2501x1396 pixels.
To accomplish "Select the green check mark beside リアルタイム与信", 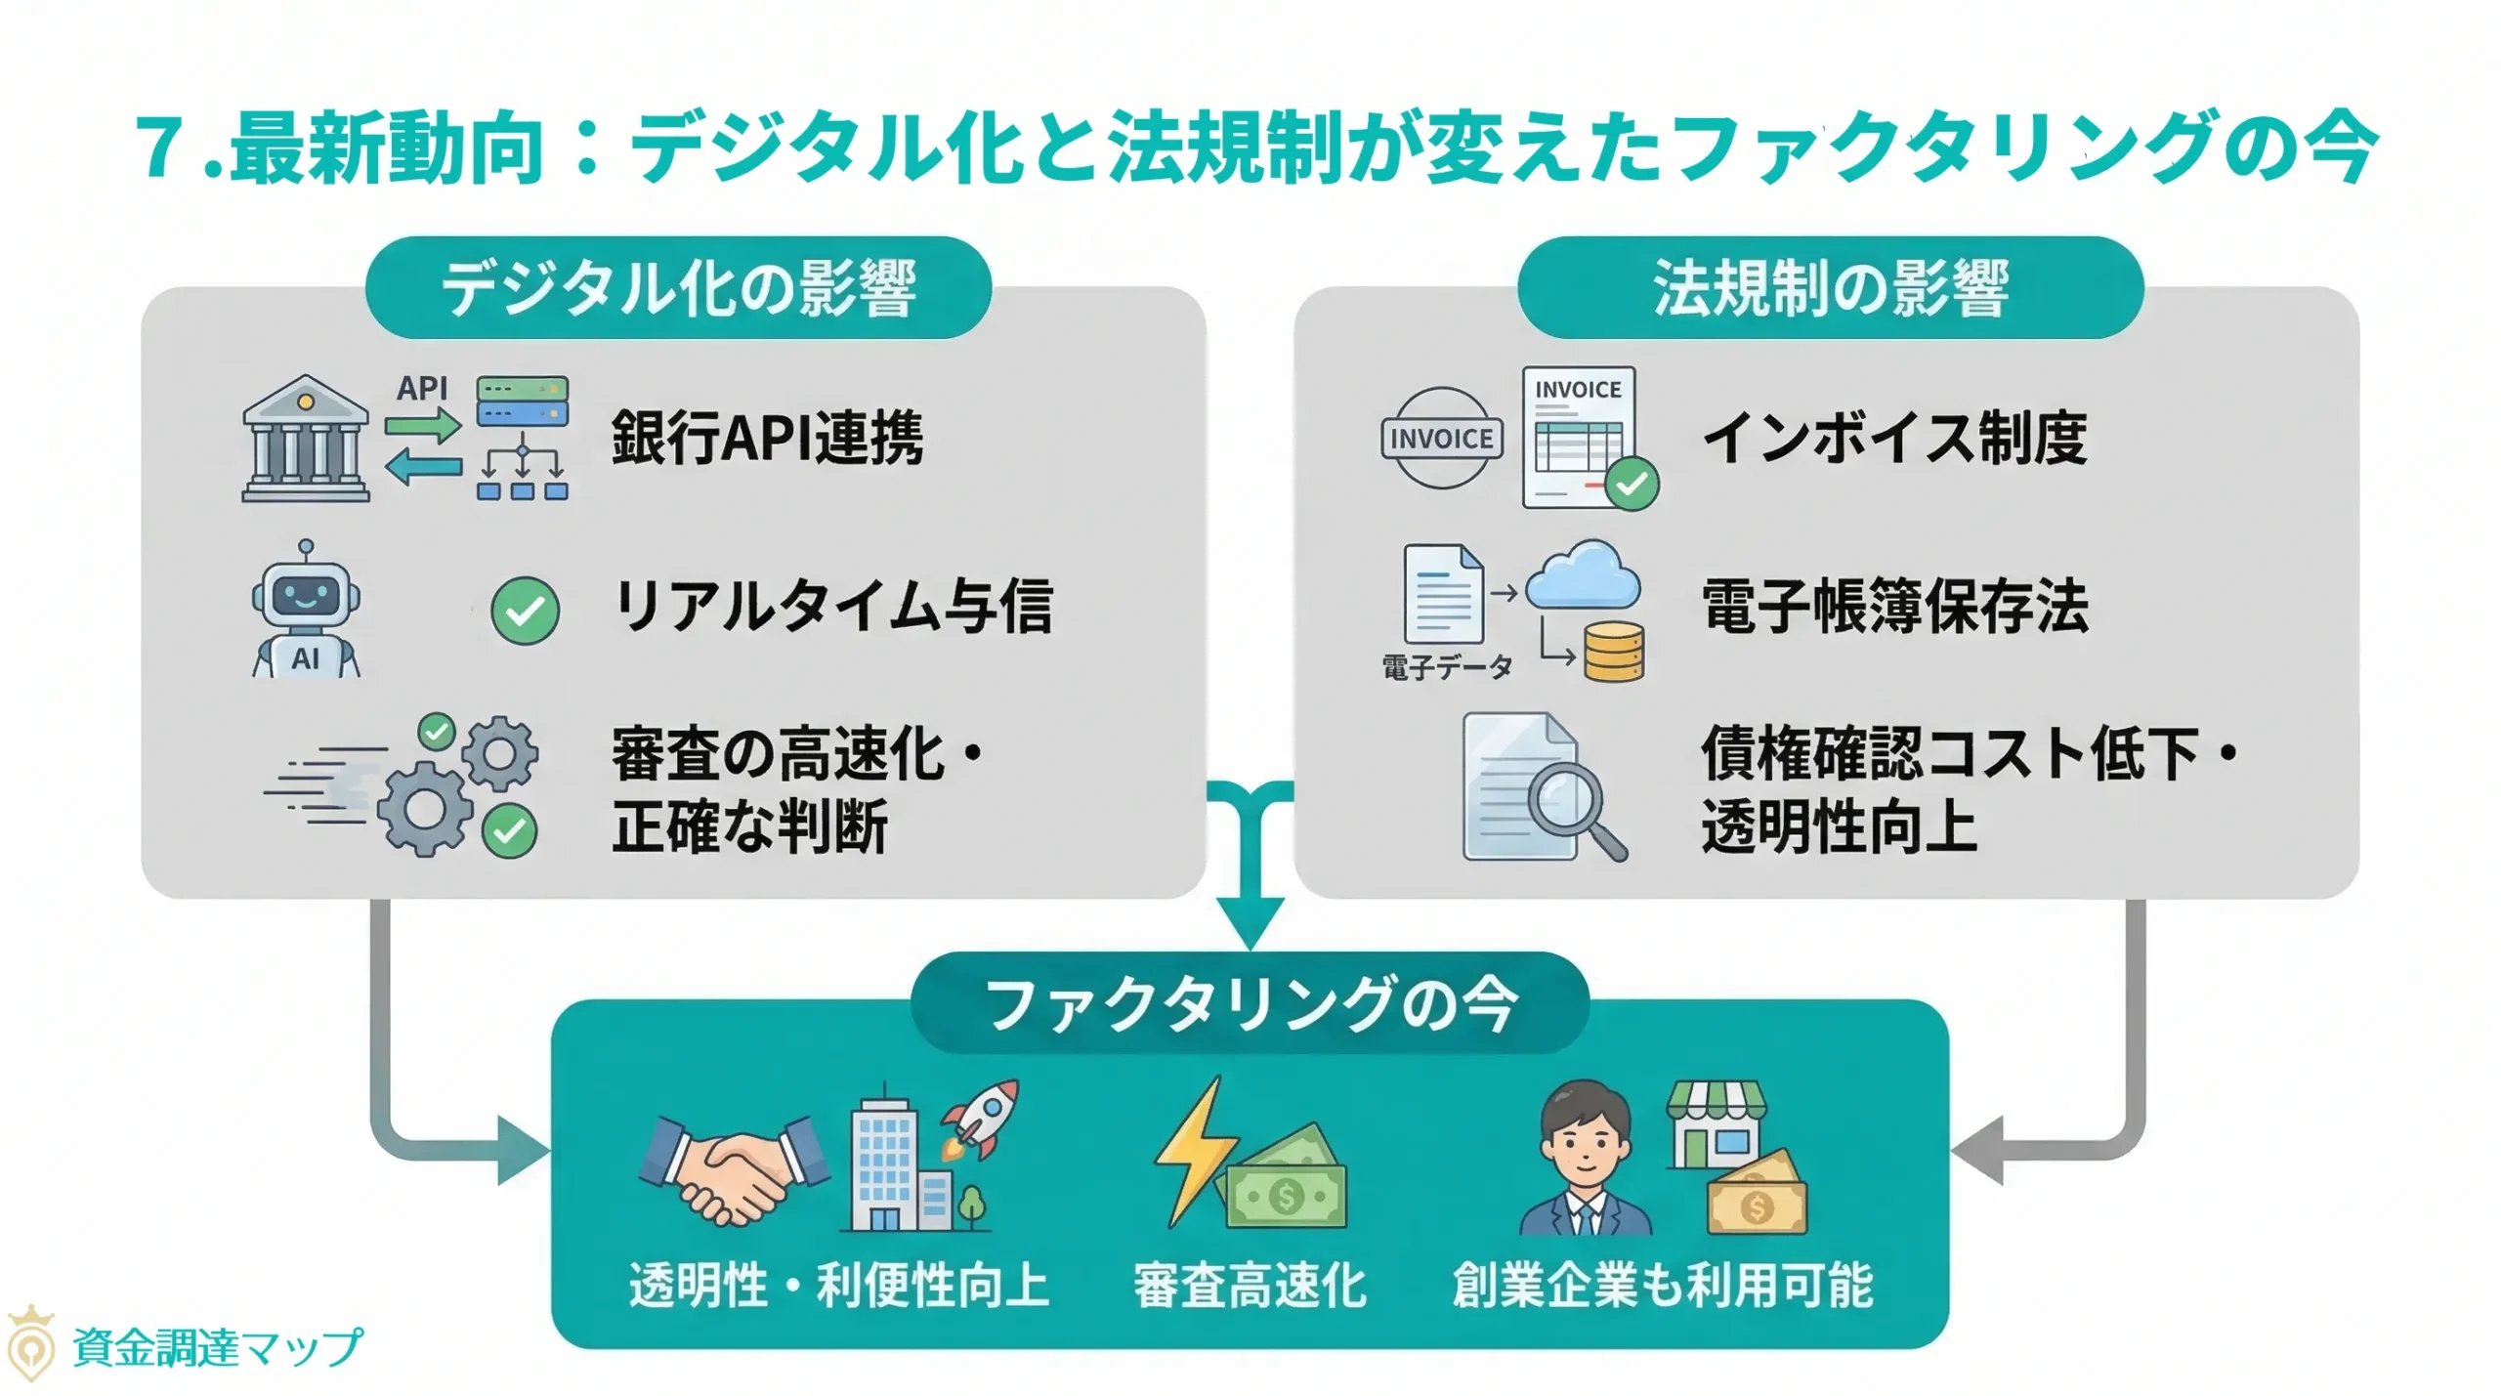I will (x=525, y=611).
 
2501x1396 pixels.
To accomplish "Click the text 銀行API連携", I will (x=767, y=438).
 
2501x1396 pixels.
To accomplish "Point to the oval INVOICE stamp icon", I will (x=1441, y=438).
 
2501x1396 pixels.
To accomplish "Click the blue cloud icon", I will (x=1583, y=576).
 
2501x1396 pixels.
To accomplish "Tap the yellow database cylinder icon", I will (x=1614, y=653).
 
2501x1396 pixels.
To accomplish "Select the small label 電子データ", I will (x=1447, y=667).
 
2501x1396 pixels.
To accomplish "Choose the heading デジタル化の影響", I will (x=678, y=288).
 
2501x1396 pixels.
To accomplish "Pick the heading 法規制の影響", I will (x=1830, y=288).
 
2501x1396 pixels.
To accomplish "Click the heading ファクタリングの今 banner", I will (x=1250, y=1004).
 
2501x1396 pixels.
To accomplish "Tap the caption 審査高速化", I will (x=1250, y=1285).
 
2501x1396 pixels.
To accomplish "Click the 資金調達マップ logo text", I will (x=217, y=1348).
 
